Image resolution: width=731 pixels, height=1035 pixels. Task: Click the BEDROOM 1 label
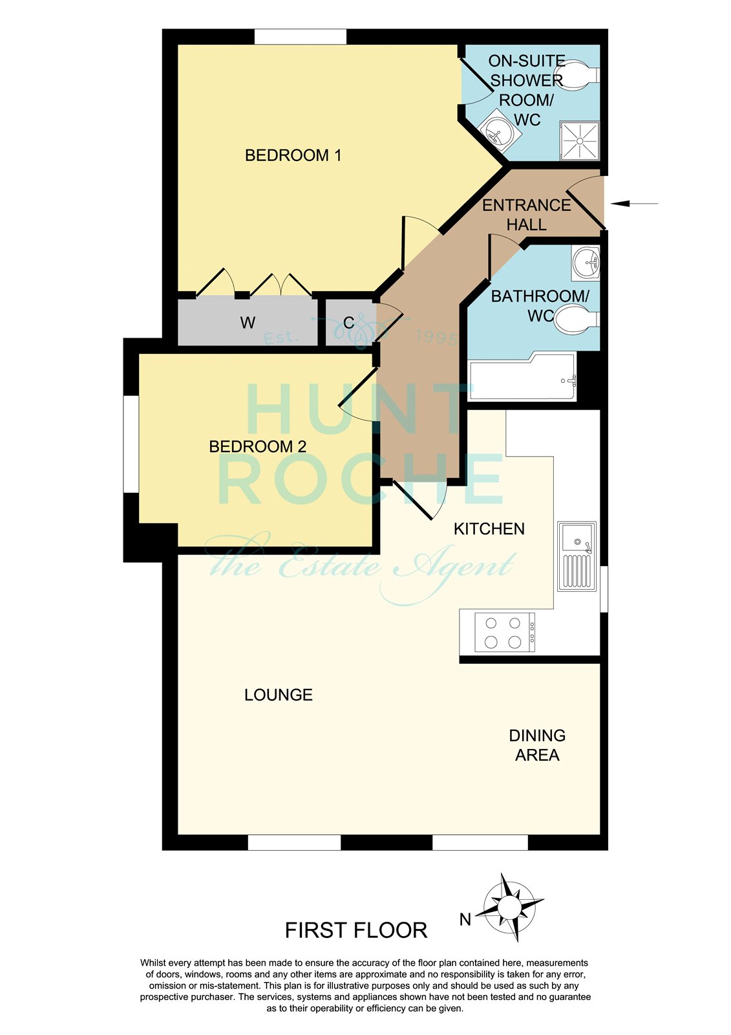[x=293, y=155]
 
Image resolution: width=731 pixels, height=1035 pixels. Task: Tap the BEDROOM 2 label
[x=258, y=446]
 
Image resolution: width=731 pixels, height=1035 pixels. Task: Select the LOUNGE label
[x=279, y=695]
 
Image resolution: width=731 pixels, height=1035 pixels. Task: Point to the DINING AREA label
[x=537, y=745]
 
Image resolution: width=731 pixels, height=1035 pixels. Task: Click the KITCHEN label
[x=489, y=528]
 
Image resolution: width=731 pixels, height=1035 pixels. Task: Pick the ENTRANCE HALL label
[x=526, y=215]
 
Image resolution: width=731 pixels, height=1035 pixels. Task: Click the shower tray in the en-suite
[x=580, y=141]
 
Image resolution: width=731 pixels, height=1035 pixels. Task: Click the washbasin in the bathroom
[x=586, y=263]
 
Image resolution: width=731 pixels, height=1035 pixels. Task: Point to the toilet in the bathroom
[x=577, y=320]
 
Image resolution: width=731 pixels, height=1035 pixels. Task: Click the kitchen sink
[x=577, y=556]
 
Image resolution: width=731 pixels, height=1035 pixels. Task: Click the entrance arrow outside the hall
[x=634, y=203]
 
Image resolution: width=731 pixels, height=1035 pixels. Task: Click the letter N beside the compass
[x=465, y=920]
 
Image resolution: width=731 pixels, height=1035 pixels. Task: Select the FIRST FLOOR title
[x=356, y=931]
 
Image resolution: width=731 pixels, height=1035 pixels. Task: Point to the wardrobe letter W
[x=248, y=323]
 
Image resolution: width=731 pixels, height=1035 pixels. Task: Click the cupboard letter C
[x=348, y=323]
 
